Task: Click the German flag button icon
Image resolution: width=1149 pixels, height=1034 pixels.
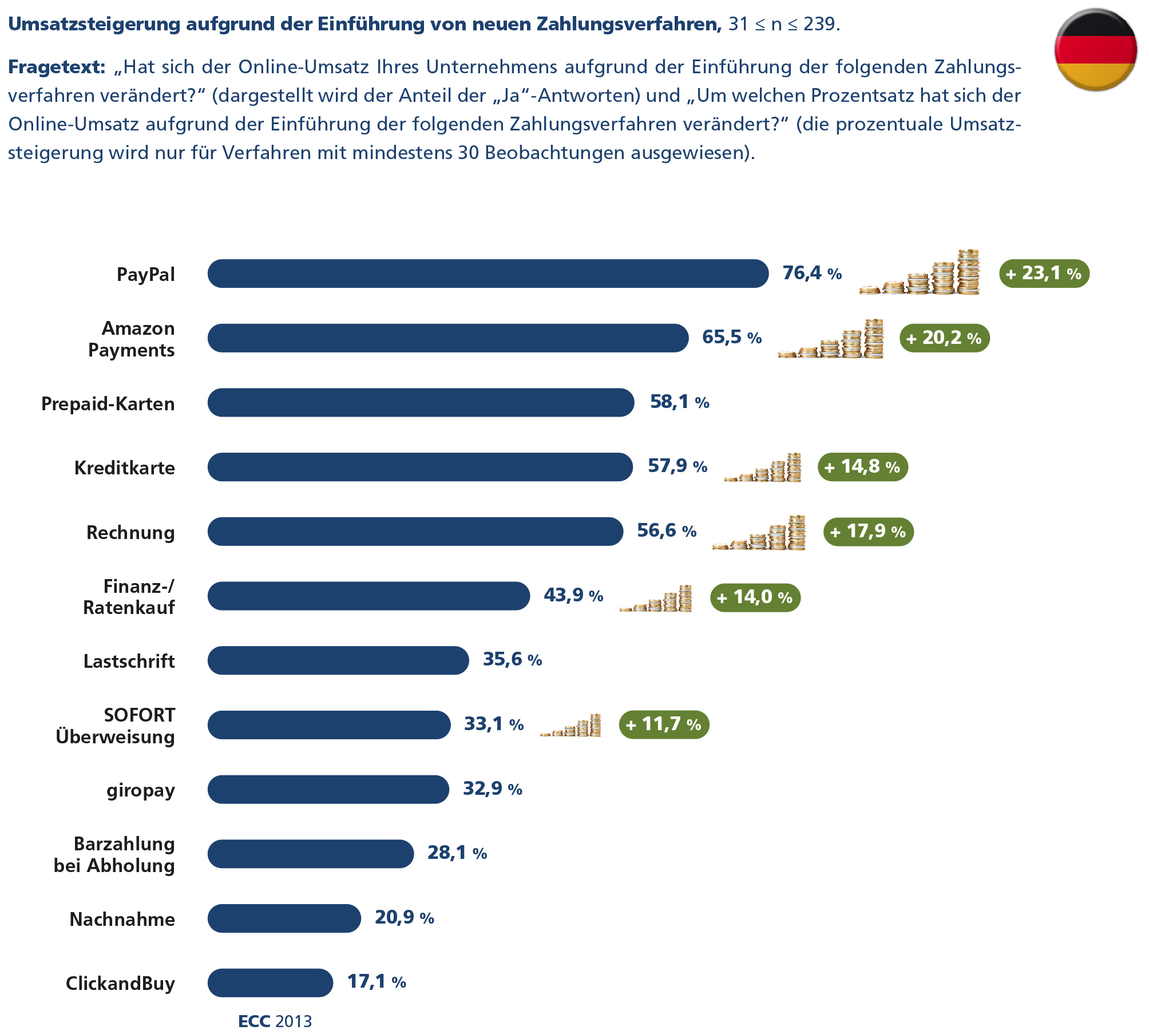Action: click(x=1095, y=50)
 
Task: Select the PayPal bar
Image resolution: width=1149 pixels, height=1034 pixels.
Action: click(x=488, y=274)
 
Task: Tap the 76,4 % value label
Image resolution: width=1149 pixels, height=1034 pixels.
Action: click(x=811, y=274)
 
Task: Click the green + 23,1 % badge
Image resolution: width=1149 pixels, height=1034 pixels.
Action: click(x=1044, y=274)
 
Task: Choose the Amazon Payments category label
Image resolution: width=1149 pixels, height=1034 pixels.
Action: click(x=132, y=339)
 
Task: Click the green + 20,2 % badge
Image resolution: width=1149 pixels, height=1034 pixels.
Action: click(x=944, y=338)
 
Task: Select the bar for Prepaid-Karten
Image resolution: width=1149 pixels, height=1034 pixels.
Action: click(x=421, y=403)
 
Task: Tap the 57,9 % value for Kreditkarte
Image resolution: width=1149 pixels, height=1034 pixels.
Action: click(x=677, y=466)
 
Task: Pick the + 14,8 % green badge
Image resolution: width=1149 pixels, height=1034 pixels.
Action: click(x=862, y=467)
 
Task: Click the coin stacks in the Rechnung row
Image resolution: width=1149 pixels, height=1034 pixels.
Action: click(x=759, y=534)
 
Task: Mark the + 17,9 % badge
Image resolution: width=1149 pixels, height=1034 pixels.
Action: click(x=868, y=532)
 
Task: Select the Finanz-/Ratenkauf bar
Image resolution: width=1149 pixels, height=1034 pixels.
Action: click(x=369, y=596)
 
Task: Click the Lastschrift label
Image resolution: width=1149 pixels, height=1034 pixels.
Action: click(x=129, y=661)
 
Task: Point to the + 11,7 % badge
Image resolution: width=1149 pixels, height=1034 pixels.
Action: click(x=664, y=725)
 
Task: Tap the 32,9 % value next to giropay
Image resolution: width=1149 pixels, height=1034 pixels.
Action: click(x=492, y=789)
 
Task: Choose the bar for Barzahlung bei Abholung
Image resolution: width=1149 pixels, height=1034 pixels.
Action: click(x=310, y=854)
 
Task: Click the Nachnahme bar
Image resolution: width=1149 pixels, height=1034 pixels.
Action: click(x=284, y=918)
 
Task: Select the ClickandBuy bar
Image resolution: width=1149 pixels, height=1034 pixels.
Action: click(x=270, y=983)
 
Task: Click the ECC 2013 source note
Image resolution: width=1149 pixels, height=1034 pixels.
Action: click(x=275, y=1021)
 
